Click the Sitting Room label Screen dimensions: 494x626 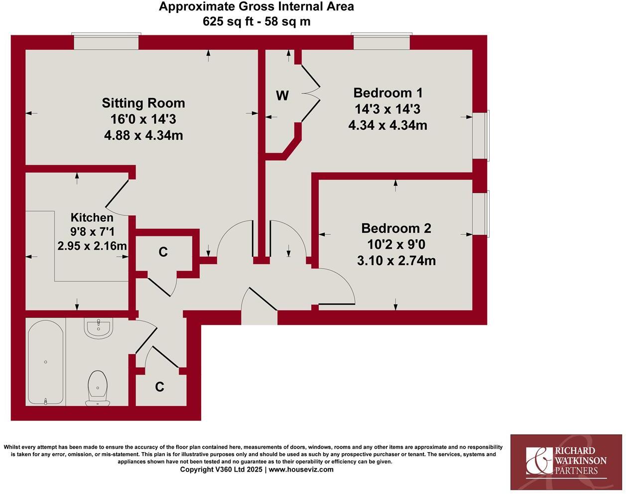[143, 103]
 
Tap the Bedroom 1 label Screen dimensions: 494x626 [387, 93]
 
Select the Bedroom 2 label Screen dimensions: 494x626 [396, 228]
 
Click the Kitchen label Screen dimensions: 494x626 [92, 217]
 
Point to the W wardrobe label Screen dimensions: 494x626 [282, 96]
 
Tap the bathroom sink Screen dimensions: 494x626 [99, 328]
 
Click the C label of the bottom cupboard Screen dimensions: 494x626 [159, 387]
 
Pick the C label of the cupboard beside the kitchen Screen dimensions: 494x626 [163, 252]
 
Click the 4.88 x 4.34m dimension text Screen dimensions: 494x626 [143, 135]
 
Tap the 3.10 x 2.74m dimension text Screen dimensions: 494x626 [396, 260]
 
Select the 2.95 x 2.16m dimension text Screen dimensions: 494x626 [92, 246]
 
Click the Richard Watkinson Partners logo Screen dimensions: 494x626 [566, 461]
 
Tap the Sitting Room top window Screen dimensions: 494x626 [106, 42]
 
